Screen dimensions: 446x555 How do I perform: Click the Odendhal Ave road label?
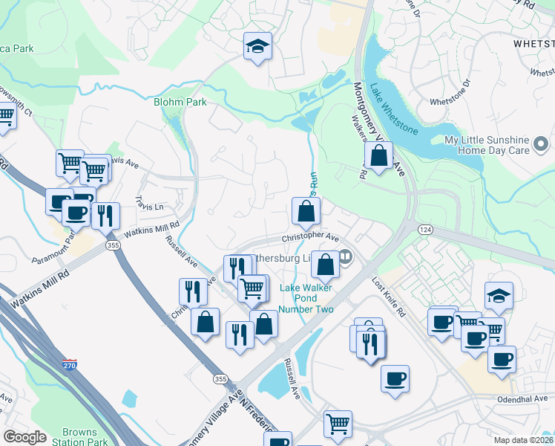pos(525,398)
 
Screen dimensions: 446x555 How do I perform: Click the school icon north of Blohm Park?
pos(257,47)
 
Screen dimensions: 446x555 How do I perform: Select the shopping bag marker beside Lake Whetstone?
pos(378,156)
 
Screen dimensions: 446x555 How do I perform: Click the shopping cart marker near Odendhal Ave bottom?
pos(338,423)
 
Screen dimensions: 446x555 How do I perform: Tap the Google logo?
pos(24,437)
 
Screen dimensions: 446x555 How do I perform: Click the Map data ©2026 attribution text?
pos(524,440)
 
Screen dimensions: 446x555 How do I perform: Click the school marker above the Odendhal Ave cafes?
pos(499,295)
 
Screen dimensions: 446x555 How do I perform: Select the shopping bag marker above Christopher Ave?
pos(306,212)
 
